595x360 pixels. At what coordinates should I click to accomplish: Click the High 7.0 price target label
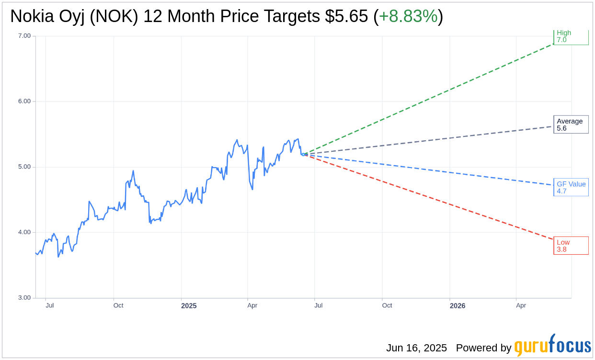tap(571, 36)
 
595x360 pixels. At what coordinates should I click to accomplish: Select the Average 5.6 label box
tap(571, 124)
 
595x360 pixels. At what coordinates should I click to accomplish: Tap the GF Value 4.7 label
tap(571, 187)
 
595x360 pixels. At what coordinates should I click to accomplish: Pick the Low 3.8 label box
tap(571, 246)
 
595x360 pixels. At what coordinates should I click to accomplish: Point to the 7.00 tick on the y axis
tap(24, 36)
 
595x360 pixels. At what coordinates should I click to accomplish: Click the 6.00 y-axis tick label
tap(24, 101)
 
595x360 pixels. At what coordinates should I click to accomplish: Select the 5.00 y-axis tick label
tap(24, 167)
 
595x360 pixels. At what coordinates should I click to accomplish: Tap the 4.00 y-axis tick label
tap(24, 232)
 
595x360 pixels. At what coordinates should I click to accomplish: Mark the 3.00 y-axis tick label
tap(24, 298)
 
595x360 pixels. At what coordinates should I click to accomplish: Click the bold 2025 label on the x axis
tap(189, 305)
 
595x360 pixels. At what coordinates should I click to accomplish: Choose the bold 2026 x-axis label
tap(457, 305)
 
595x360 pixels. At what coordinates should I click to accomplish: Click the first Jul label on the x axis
tap(50, 305)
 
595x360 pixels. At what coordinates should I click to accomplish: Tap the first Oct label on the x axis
tap(118, 305)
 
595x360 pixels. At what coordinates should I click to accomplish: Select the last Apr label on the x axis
tap(521, 305)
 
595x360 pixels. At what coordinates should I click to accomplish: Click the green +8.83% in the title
tap(408, 16)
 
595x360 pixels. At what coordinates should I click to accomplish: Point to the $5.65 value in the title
tap(346, 16)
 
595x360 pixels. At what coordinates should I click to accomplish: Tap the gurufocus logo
tap(552, 346)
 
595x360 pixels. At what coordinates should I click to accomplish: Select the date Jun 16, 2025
tap(416, 348)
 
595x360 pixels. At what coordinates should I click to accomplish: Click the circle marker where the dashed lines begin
tap(303, 154)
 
